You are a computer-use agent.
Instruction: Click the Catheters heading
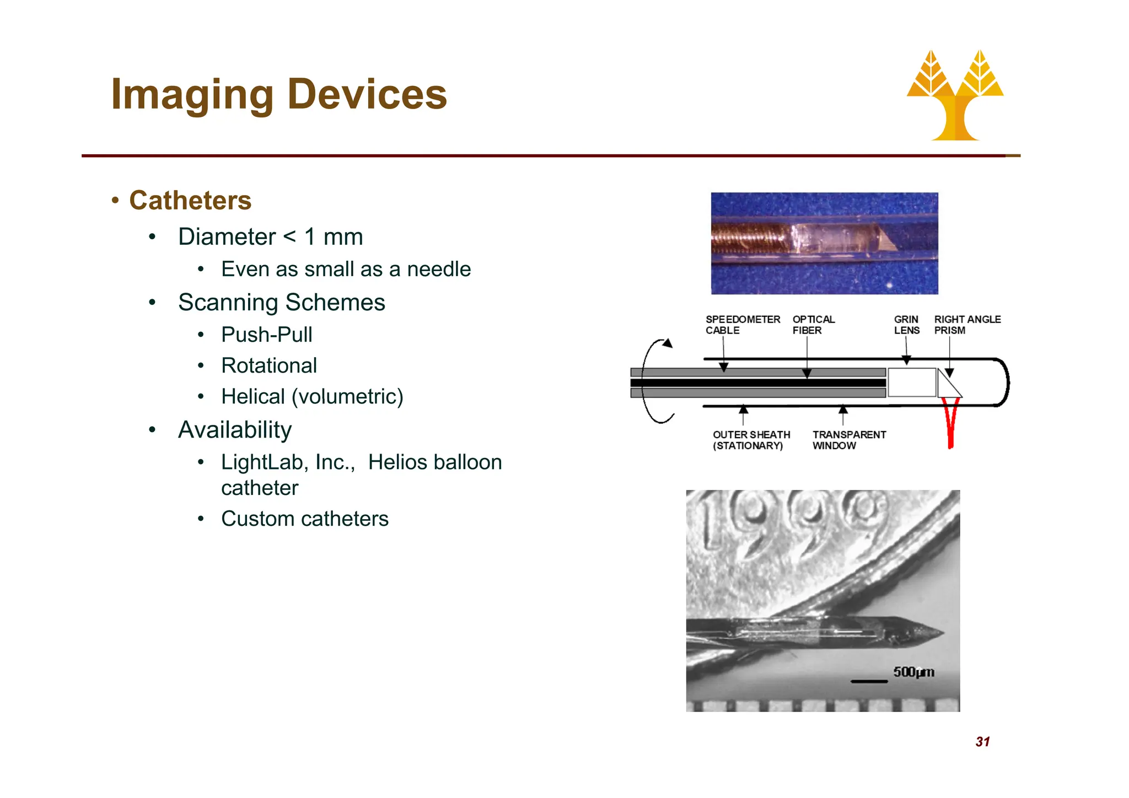(x=190, y=200)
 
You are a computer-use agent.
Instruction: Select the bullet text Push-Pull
(x=266, y=335)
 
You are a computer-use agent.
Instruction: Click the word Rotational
(x=269, y=365)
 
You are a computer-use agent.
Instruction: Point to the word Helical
(x=252, y=396)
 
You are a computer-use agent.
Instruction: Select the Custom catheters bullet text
(x=304, y=519)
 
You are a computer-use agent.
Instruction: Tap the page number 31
(x=982, y=742)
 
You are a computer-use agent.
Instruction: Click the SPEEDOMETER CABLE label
(x=742, y=325)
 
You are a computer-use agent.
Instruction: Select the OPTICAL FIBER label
(x=813, y=325)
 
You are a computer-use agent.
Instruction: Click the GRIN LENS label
(x=906, y=325)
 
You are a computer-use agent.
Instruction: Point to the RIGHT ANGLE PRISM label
(x=967, y=325)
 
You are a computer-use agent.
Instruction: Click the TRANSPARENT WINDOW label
(x=848, y=440)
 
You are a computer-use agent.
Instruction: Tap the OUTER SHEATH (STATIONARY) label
(x=751, y=440)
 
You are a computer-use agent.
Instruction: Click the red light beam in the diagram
(x=950, y=424)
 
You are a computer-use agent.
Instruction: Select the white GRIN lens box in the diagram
(x=912, y=382)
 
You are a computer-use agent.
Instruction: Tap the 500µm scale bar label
(x=913, y=672)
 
